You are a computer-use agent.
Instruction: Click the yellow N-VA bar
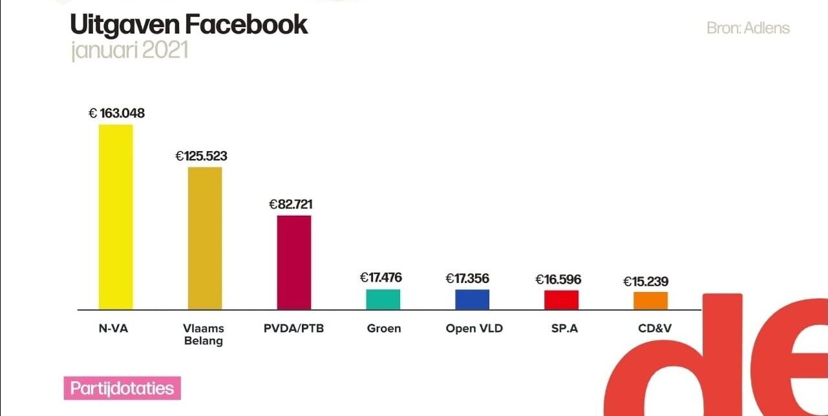[116, 216]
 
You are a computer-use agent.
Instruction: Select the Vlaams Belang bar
[205, 238]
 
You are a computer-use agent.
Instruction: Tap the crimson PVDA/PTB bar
[294, 262]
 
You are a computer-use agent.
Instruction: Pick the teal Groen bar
[383, 299]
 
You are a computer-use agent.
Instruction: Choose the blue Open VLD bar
[472, 299]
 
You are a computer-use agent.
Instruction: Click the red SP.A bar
[561, 300]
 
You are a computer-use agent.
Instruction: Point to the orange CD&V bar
[650, 300]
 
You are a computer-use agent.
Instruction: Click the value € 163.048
[117, 114]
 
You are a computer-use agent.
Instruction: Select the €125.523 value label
[202, 156]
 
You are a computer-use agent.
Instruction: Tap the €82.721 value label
[291, 204]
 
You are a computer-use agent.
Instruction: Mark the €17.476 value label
[381, 278]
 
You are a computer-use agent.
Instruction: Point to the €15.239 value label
[646, 282]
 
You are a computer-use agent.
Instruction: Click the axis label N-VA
[113, 328]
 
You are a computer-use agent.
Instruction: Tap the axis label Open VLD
[474, 328]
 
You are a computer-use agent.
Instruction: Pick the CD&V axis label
[655, 328]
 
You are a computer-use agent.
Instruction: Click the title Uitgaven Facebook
[189, 25]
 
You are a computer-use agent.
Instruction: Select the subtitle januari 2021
[129, 50]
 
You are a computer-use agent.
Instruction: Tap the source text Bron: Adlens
[748, 28]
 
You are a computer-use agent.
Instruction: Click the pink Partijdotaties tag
[122, 389]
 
